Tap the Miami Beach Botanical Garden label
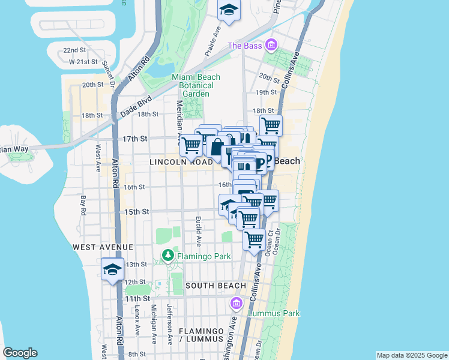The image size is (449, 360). pos(196,85)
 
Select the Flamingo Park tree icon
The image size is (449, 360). pos(168,256)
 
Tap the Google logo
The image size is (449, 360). pos(20,353)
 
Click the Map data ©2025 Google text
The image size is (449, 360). pos(412,355)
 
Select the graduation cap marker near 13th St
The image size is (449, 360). pos(112,269)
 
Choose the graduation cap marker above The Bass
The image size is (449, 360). pos(228,10)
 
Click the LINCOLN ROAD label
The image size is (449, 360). pos(181,163)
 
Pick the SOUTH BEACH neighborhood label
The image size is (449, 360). pos(215,286)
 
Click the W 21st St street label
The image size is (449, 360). pos(82,62)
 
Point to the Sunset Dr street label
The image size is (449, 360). pos(109,73)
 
